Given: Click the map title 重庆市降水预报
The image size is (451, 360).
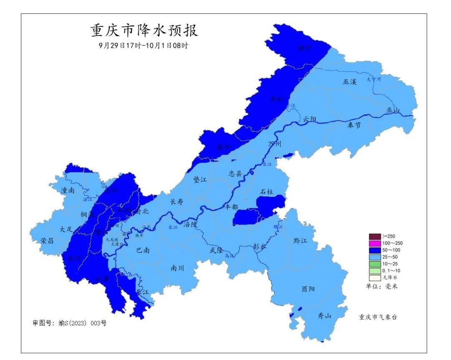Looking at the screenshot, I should coord(144,31).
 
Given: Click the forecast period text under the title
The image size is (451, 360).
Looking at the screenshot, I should coord(143,45).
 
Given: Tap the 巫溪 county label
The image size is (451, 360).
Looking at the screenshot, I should coord(350,82).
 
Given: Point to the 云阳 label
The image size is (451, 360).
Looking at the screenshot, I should coord(310,119).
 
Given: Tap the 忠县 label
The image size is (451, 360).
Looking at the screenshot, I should coord(236,173).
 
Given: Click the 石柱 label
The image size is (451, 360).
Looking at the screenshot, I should coord(266,192).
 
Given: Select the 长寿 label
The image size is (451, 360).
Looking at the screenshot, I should coord(176,202).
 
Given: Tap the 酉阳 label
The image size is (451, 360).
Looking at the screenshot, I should coord(308,289).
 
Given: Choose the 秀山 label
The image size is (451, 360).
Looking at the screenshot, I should coord(324,316).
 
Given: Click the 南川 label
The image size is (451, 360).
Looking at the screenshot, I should coord(177,268).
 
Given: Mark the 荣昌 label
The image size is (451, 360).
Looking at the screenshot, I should coord(47,241).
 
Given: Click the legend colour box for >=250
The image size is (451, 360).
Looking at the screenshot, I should coord(375,236).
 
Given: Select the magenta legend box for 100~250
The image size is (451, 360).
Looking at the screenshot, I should coord(375,243).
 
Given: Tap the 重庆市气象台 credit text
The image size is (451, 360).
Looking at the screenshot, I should coord(378,317).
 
